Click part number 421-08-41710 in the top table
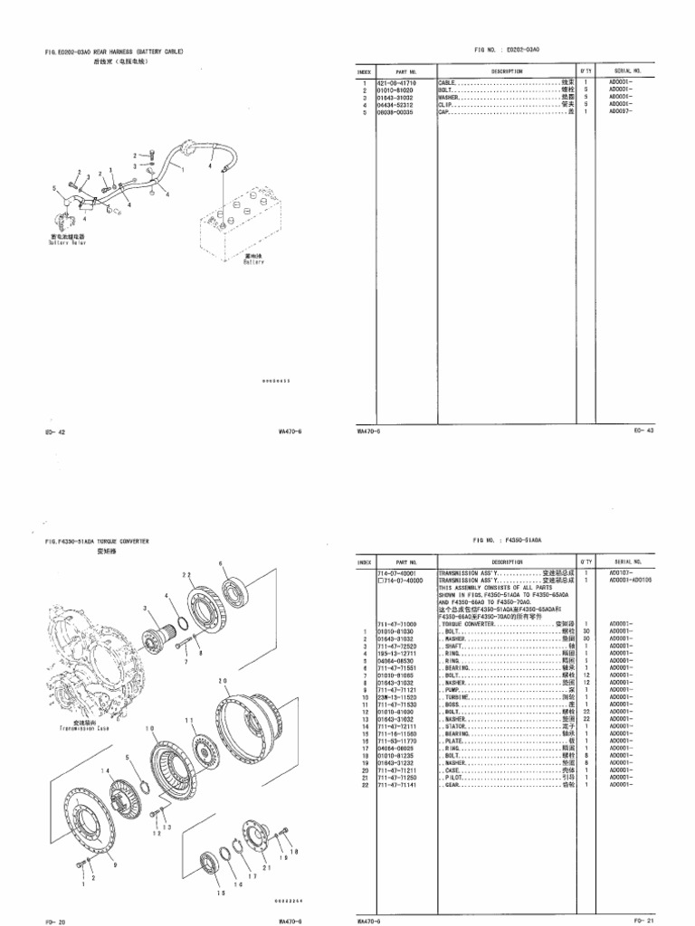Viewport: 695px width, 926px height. pyautogui.click(x=398, y=82)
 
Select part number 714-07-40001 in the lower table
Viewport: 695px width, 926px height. pyautogui.click(x=399, y=572)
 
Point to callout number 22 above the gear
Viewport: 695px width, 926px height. pyautogui.click(x=187, y=574)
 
